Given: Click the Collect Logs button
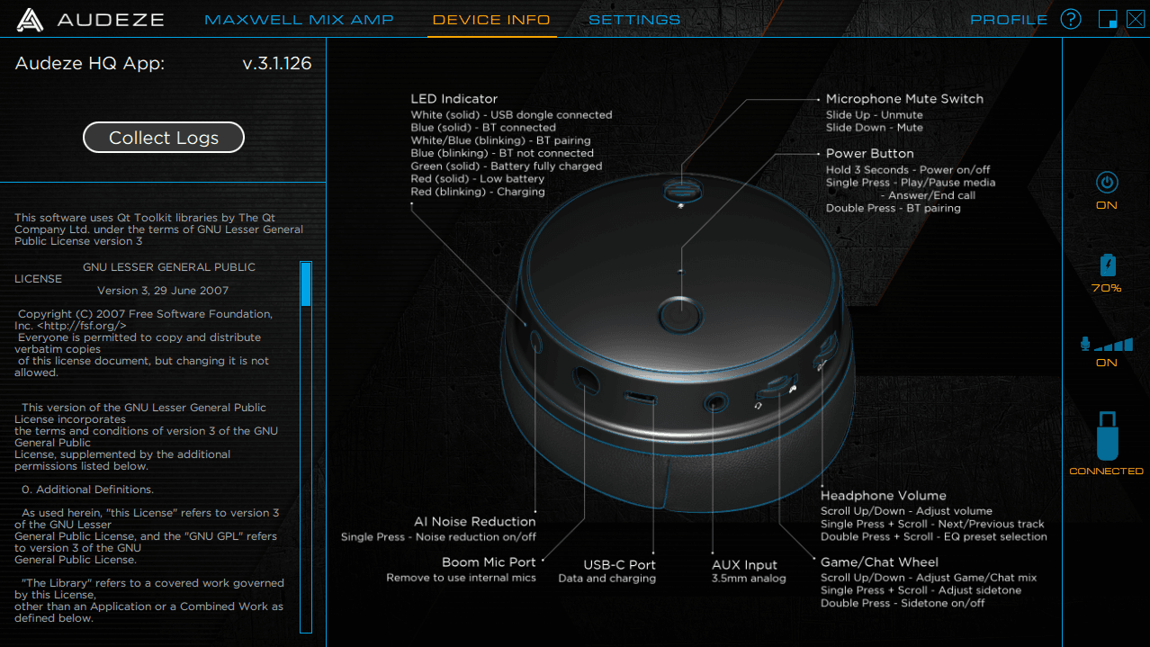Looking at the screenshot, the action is [163, 137].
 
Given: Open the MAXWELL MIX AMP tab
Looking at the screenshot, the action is [299, 20].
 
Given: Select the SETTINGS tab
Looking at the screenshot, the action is [634, 20].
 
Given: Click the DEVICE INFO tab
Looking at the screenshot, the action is [491, 20].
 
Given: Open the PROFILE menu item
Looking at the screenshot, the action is [1009, 20].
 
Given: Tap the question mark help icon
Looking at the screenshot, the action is [1071, 20].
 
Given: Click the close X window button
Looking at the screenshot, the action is [1135, 20].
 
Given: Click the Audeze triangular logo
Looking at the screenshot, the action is [30, 20].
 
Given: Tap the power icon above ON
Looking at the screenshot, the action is [1107, 183].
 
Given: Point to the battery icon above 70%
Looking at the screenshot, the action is [1108, 265].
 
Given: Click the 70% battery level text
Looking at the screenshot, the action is [1107, 288].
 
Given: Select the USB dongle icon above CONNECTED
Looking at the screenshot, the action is [1108, 436].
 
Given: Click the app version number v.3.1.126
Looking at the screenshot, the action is [277, 63].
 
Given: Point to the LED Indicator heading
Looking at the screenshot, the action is [454, 99].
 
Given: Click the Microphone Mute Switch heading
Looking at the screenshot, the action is [904, 99].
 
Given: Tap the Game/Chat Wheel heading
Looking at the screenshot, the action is [879, 562].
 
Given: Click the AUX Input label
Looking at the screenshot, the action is [744, 565].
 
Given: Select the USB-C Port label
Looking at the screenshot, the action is [619, 565].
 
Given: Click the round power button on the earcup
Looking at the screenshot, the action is [681, 314].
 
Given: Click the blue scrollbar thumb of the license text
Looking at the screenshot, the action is [306, 284].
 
